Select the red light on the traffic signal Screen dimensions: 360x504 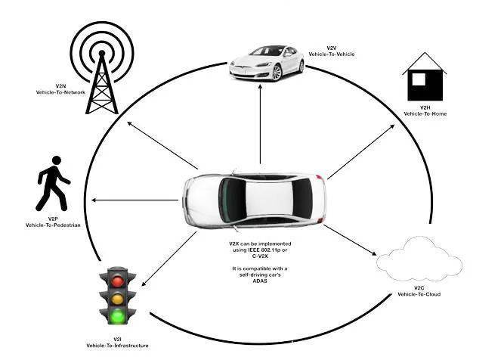(x=117, y=281)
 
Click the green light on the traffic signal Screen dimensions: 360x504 (x=117, y=315)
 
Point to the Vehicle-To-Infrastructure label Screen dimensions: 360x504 (x=117, y=345)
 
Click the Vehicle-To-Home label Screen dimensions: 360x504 (x=425, y=113)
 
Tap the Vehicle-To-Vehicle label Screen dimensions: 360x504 (x=331, y=54)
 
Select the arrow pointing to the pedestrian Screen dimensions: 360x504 (x=135, y=200)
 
